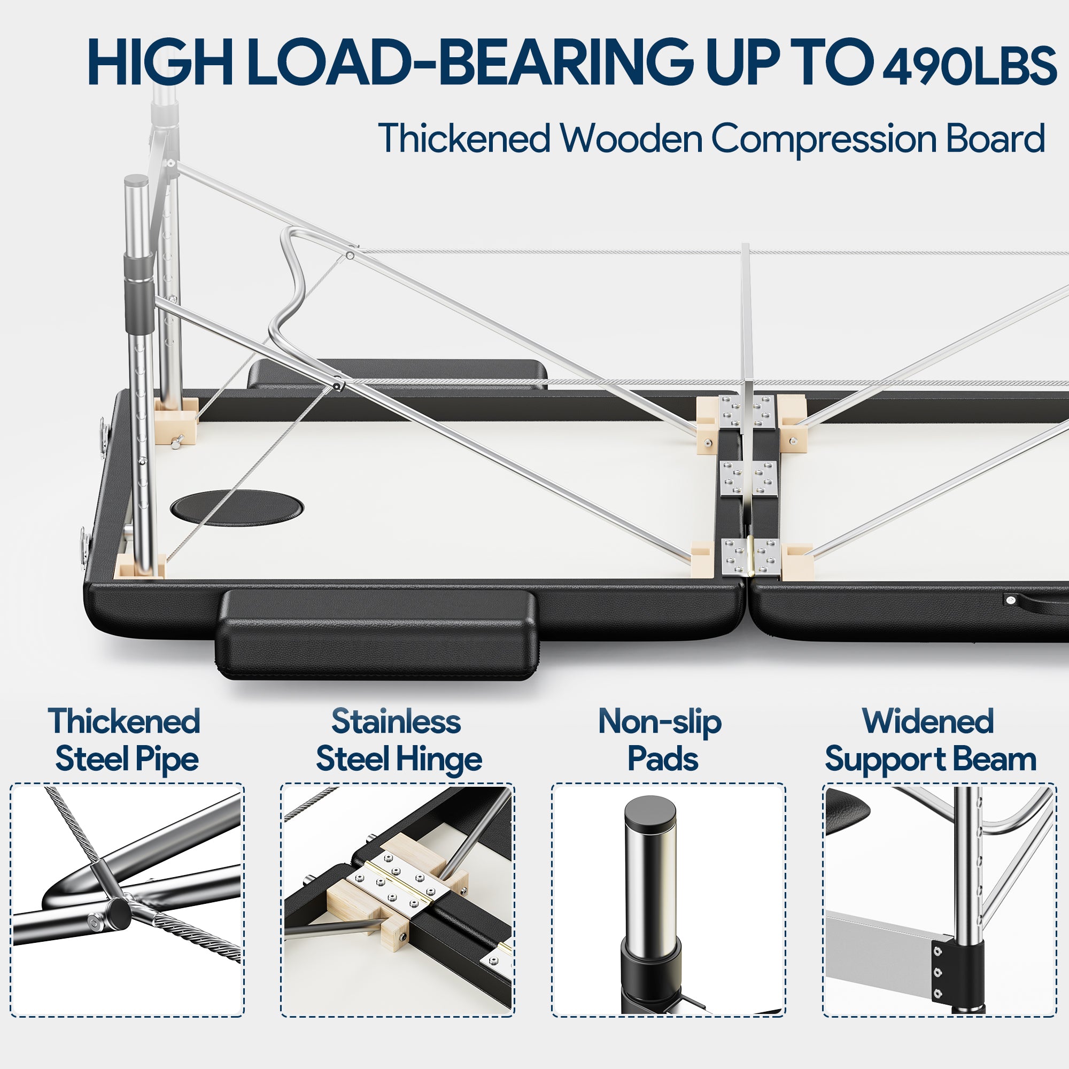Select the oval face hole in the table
coord(237,505)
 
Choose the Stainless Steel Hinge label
coord(398,741)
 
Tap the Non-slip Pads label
coord(661,740)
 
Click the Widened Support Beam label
coord(930,741)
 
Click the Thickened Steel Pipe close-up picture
coord(127,900)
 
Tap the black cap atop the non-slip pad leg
coord(650,812)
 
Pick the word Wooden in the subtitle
coord(631,138)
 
